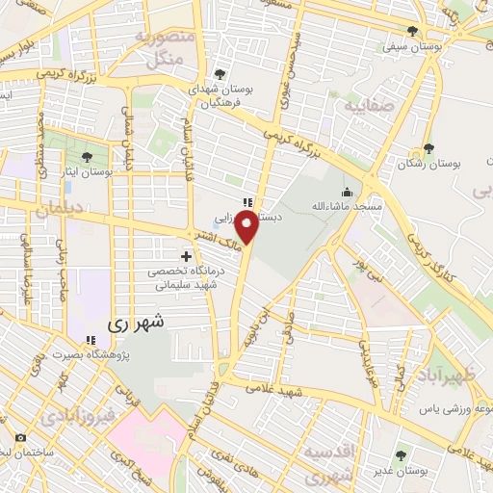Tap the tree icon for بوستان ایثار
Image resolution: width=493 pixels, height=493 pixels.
coord(88,156)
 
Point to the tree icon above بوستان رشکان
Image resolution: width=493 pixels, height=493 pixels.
coord(429,149)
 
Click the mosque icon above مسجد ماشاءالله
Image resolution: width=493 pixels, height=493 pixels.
coord(347,191)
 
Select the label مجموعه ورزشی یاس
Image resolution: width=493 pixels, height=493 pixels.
coord(453,409)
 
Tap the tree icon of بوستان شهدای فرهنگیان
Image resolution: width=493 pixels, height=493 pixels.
coord(221,74)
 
